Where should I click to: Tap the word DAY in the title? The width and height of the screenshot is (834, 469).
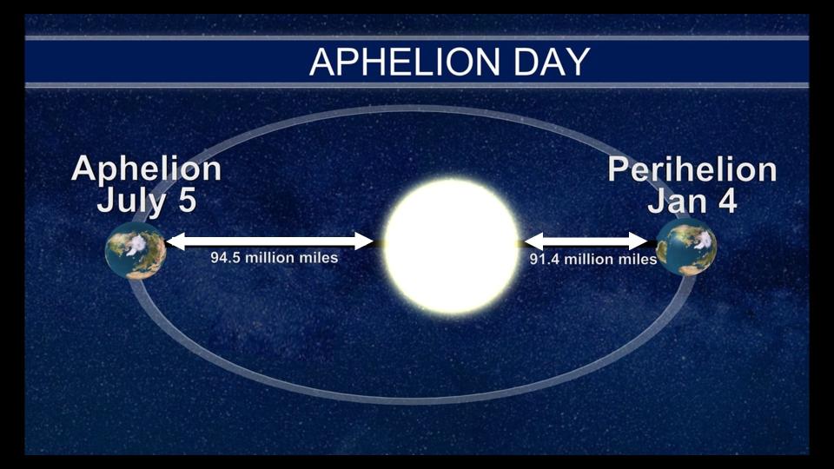tap(552, 62)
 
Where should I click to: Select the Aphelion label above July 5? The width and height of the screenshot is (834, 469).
tap(146, 169)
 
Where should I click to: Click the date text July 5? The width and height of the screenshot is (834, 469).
tap(147, 201)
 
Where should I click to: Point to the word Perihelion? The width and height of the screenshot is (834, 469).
tap(692, 169)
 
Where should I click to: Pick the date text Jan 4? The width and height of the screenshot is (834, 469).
tap(692, 201)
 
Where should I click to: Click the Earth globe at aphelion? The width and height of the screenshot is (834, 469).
tap(136, 250)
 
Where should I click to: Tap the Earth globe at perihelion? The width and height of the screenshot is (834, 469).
tap(686, 248)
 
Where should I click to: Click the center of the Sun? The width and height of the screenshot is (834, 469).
tap(451, 246)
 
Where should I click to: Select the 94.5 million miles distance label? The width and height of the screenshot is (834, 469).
tap(274, 258)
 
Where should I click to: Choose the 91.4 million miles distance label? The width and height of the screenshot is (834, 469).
tap(593, 259)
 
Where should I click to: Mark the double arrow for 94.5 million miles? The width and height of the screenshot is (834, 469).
tap(269, 241)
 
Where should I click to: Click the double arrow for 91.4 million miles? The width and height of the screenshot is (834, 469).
tap(586, 241)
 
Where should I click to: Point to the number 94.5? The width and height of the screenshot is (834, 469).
tap(225, 258)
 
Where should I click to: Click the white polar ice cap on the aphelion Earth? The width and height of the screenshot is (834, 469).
tap(137, 244)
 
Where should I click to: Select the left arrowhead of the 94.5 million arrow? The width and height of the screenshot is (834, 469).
tap(175, 241)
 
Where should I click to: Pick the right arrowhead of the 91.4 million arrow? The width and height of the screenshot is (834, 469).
tap(639, 241)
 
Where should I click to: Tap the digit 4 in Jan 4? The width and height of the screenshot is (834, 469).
tap(727, 201)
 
